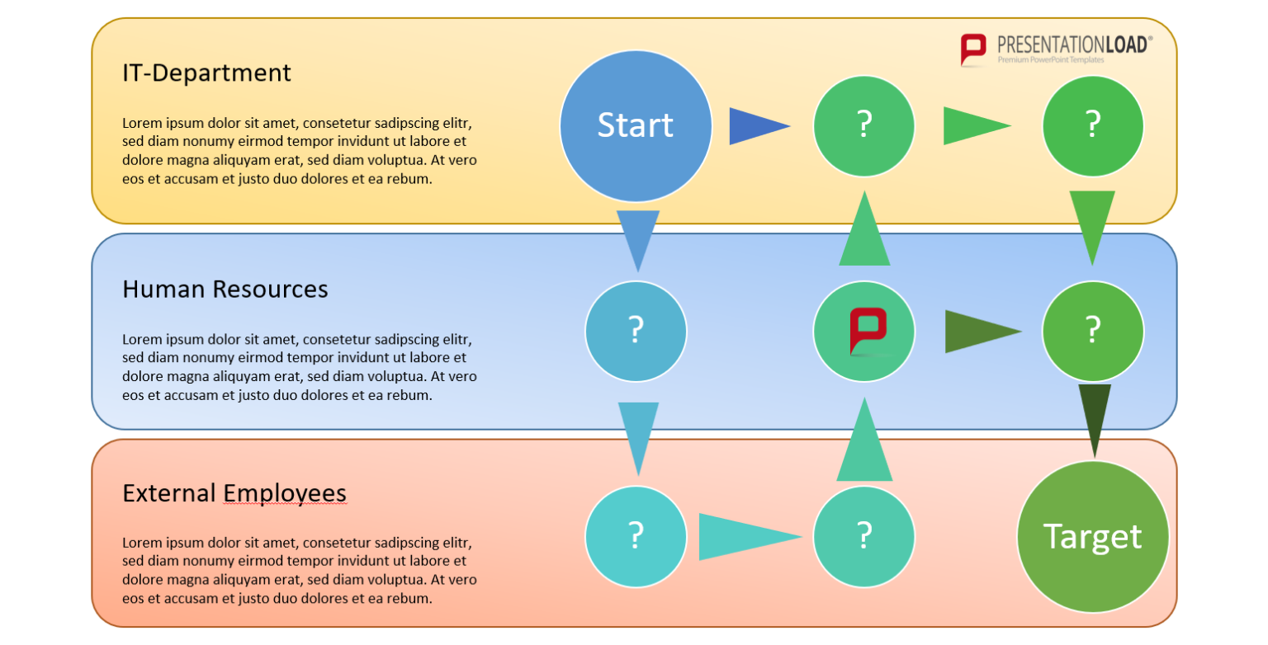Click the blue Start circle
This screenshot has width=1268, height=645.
[635, 125]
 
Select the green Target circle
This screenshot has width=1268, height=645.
[1092, 536]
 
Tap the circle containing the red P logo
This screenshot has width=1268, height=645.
[863, 331]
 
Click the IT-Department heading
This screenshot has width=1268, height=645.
[206, 73]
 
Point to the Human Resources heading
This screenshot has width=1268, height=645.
[225, 289]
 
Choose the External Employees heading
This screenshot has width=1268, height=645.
[234, 493]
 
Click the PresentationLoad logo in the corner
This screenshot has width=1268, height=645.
[1056, 49]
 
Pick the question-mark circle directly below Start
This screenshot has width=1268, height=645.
[636, 331]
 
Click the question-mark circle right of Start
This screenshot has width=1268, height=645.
[863, 125]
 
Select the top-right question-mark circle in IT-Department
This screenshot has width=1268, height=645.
[1092, 125]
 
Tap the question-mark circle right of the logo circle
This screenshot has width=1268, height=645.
[1092, 331]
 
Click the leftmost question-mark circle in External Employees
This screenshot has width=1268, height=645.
[636, 536]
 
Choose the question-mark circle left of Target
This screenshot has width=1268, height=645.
[863, 536]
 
